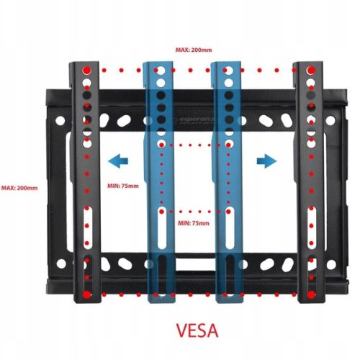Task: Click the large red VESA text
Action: (197, 330)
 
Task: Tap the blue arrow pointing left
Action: (118, 161)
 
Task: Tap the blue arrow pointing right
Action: (266, 161)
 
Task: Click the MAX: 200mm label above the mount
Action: (194, 50)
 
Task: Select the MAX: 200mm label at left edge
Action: (19, 188)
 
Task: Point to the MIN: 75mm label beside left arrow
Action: (123, 186)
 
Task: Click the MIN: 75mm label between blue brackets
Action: (194, 223)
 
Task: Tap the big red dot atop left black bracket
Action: (86, 71)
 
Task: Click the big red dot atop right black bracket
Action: (311, 70)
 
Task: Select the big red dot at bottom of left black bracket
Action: (86, 294)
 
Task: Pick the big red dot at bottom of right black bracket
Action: (311, 294)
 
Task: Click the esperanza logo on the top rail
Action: (196, 120)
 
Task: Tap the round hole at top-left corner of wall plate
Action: (60, 120)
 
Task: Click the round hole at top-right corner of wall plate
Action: (330, 120)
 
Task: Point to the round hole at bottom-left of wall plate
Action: (61, 264)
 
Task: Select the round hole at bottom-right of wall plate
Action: (331, 264)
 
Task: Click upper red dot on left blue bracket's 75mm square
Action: (162, 145)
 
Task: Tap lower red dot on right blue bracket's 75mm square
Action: (228, 212)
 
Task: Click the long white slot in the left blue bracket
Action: (162, 228)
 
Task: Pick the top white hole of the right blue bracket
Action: (228, 71)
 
